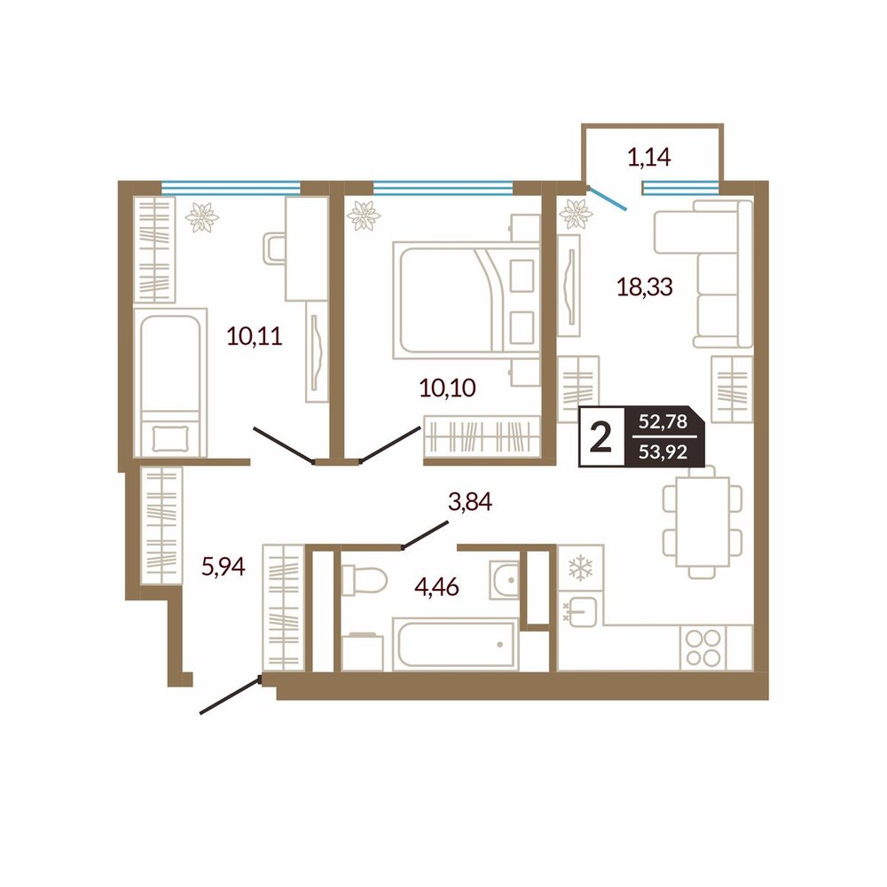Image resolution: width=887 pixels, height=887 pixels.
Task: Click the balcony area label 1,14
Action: [649, 158]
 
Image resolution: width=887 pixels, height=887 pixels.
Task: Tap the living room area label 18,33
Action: [644, 287]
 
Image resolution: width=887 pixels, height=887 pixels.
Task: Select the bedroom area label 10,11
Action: [255, 336]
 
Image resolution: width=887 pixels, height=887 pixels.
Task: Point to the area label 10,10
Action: [447, 389]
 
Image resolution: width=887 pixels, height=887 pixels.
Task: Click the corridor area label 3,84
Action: [470, 502]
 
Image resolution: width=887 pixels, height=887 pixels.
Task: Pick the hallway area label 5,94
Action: [224, 566]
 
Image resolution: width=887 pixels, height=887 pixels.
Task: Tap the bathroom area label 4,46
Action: [436, 587]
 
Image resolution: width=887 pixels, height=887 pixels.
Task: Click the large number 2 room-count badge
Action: [600, 437]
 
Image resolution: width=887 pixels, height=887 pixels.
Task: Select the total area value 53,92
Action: [663, 452]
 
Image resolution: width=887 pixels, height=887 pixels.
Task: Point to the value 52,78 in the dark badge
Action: [663, 421]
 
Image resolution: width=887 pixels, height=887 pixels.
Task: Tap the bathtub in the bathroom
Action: [455, 644]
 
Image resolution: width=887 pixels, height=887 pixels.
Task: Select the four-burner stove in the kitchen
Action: [703, 648]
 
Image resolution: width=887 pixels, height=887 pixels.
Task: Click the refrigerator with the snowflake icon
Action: [580, 568]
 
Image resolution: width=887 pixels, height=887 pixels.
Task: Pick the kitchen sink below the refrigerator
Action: [581, 610]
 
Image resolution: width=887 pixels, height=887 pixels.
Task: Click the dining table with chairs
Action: [702, 522]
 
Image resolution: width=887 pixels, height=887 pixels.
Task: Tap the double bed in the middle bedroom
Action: [467, 300]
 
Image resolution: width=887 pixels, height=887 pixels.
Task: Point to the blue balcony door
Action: [607, 198]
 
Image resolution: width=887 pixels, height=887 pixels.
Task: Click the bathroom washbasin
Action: [504, 580]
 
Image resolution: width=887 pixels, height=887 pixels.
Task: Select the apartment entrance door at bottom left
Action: [231, 695]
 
